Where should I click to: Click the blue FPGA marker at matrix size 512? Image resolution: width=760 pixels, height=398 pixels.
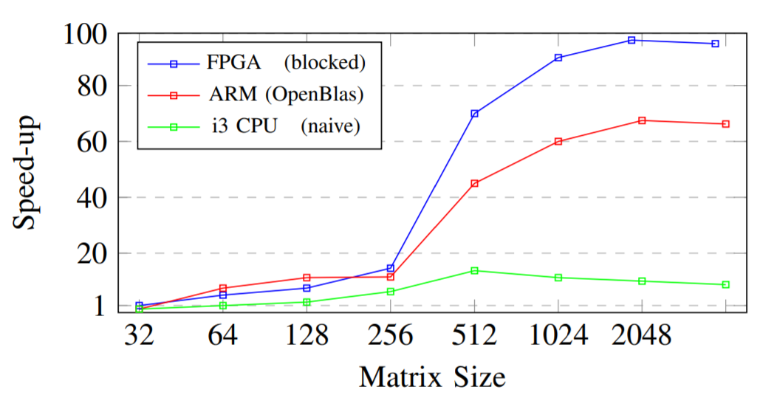(x=474, y=114)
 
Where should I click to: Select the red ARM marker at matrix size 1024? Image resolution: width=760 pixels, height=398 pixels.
(x=558, y=141)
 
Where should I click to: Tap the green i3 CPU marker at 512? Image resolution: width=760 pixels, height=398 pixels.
(x=474, y=270)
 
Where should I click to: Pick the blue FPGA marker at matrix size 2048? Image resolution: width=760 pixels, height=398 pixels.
(x=631, y=40)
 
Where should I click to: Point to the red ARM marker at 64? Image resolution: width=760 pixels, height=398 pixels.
(x=223, y=288)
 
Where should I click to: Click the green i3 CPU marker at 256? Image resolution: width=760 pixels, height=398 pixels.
(x=391, y=292)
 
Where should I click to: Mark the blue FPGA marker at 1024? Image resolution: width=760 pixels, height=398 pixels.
(x=558, y=58)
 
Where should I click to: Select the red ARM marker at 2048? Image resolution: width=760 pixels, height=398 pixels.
(x=642, y=120)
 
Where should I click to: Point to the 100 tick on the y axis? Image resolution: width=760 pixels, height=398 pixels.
(x=87, y=34)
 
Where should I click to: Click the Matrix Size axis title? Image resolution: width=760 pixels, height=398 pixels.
(x=432, y=377)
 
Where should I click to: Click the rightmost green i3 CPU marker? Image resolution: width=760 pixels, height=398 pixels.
(x=725, y=284)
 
